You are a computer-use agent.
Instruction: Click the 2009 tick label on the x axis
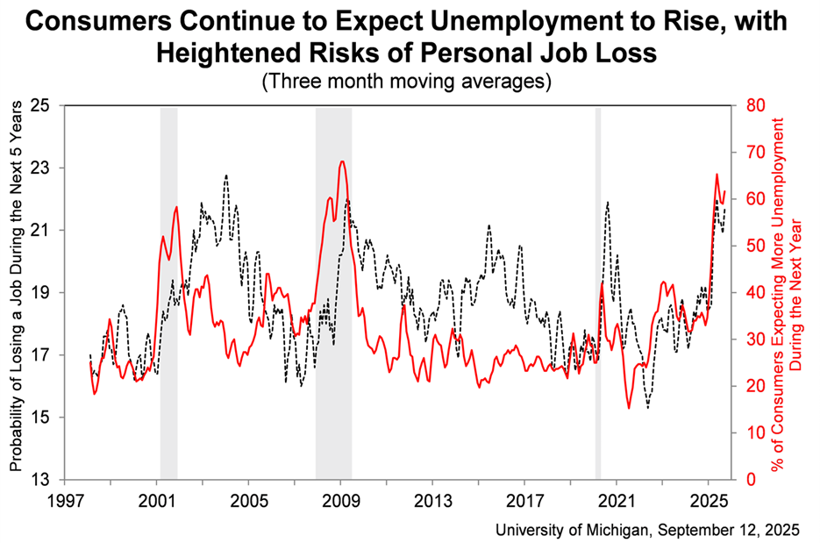340,501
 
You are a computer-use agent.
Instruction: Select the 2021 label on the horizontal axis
616,501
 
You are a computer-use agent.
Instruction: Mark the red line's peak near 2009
341,161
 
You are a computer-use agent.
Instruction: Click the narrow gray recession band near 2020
598,292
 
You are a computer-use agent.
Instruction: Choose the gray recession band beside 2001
168,292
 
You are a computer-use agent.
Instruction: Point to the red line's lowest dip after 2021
629,407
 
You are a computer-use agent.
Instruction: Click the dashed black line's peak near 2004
226,175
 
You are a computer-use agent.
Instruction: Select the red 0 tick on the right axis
750,480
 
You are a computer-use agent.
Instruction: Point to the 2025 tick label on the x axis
708,501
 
